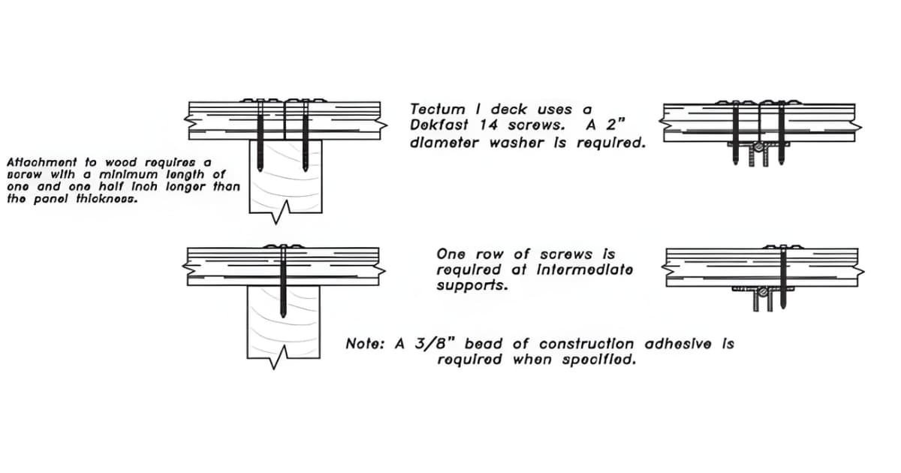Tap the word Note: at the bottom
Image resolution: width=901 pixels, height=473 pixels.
366,344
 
